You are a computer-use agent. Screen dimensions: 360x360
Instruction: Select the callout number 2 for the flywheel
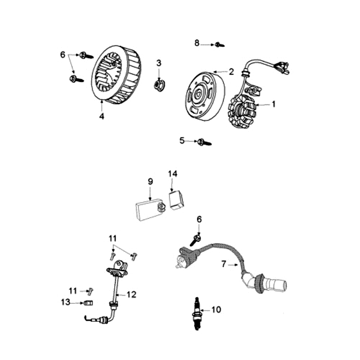coord(231,71)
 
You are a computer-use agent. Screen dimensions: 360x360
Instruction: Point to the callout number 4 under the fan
coord(102,116)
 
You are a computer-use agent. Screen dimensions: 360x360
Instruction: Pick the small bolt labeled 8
coord(219,45)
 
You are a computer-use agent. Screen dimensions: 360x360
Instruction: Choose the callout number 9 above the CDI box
coord(151,181)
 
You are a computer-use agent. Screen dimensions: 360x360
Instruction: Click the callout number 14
coord(173,174)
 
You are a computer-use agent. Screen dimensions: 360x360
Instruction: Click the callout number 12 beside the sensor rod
coord(131,295)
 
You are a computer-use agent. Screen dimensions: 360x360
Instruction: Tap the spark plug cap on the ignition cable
coord(270,283)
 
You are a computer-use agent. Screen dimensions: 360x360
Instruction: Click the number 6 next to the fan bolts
coord(63,54)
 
